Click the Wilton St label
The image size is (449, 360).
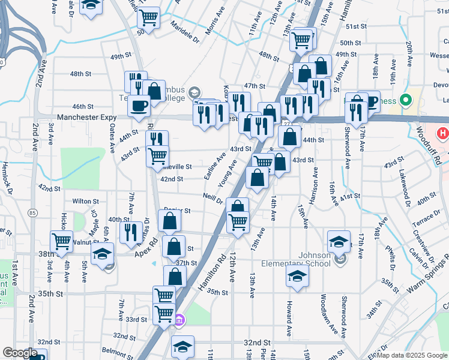(85, 201)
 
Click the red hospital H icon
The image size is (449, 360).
(443, 133)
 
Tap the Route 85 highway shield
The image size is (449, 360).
(32, 212)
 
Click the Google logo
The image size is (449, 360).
(20, 353)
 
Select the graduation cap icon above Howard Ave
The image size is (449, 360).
(297, 277)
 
